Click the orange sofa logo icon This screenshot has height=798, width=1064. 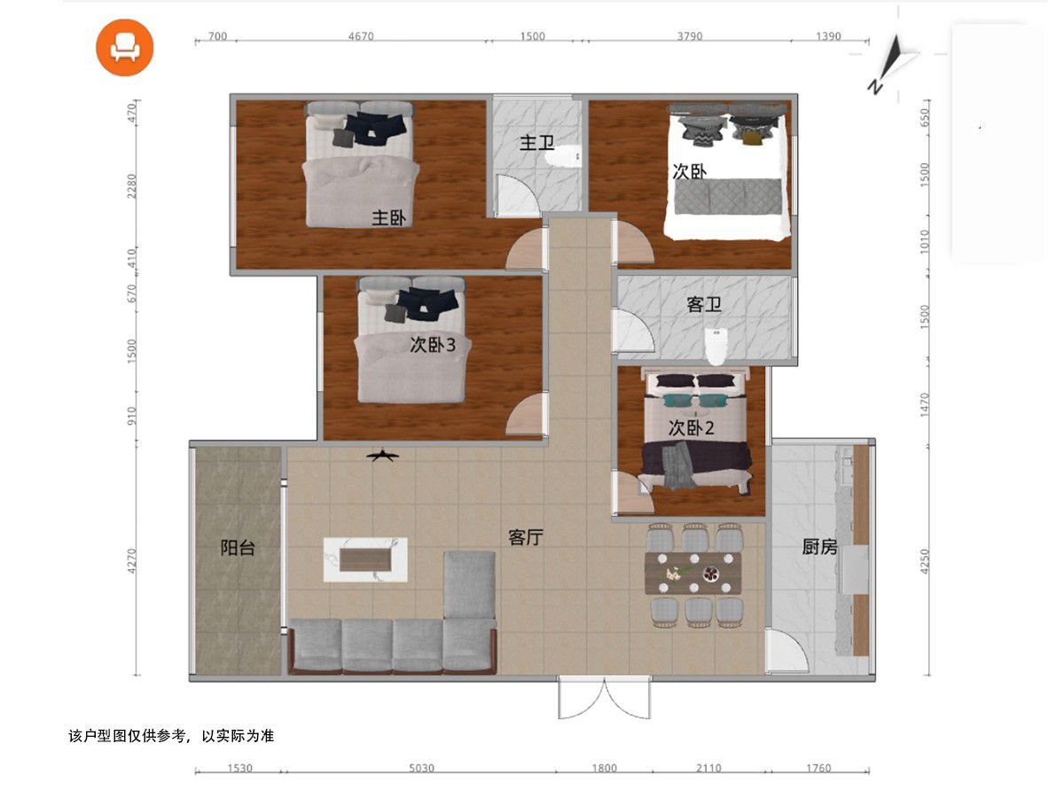pyautogui.click(x=125, y=48)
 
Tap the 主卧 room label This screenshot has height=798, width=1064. pyautogui.click(x=388, y=218)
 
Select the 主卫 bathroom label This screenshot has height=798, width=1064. pyautogui.click(x=536, y=143)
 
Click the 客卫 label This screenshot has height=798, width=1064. pyautogui.click(x=704, y=304)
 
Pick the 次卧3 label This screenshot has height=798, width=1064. pyautogui.click(x=433, y=345)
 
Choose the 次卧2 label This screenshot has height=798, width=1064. pyautogui.click(x=692, y=428)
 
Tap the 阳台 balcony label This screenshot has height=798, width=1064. pyautogui.click(x=238, y=548)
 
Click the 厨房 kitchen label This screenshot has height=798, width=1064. pyautogui.click(x=819, y=546)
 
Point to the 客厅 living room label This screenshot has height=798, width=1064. pyautogui.click(x=526, y=537)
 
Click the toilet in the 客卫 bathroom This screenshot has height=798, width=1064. pyautogui.click(x=716, y=346)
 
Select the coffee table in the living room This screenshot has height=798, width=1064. pyautogui.click(x=365, y=559)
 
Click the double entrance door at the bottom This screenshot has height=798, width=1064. pyautogui.click(x=604, y=698)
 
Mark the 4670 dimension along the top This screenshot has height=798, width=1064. pyautogui.click(x=361, y=35)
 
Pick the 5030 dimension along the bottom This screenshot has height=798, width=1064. pyautogui.click(x=422, y=768)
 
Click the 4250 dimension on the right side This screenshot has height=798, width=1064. pyautogui.click(x=925, y=561)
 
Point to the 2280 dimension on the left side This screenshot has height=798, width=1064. pyautogui.click(x=131, y=186)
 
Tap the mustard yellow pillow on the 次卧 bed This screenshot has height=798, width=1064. pyautogui.click(x=751, y=138)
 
